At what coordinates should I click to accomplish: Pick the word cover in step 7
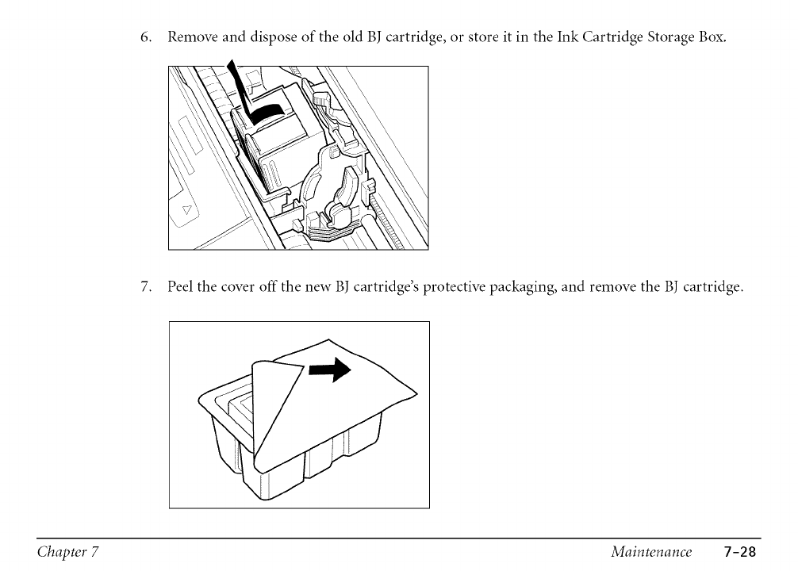tap(242, 287)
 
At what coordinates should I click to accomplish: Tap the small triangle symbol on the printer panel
tap(187, 211)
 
